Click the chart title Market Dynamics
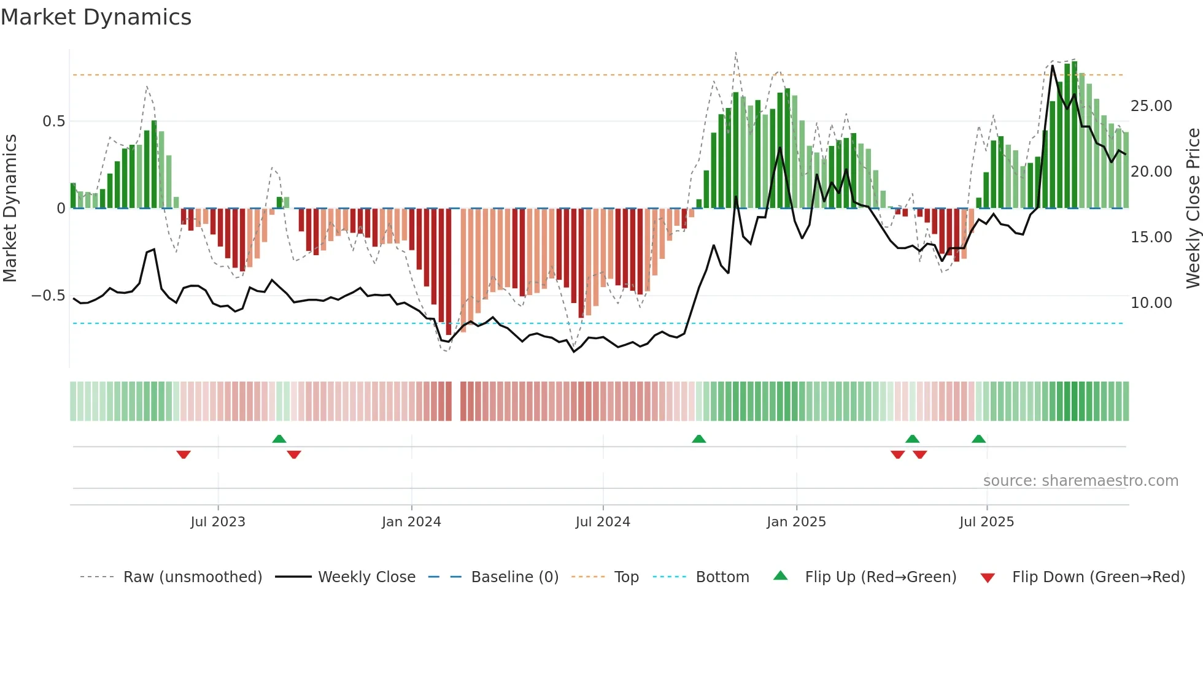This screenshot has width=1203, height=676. (x=96, y=17)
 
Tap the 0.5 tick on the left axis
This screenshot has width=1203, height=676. (x=53, y=121)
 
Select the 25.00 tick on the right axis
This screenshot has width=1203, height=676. (x=1151, y=106)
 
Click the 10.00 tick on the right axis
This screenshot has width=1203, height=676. (x=1151, y=303)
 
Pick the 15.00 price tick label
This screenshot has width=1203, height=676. (x=1151, y=237)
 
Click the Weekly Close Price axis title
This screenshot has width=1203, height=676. (x=1193, y=208)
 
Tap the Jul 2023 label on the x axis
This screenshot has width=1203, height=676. (x=217, y=522)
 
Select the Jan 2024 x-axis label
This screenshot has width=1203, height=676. (x=411, y=522)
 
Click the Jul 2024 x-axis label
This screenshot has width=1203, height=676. (x=602, y=522)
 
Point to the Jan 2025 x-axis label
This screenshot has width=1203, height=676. (x=795, y=522)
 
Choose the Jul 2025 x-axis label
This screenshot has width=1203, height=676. (x=986, y=522)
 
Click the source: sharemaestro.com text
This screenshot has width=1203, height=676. (x=1080, y=481)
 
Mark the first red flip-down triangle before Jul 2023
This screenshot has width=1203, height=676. (x=184, y=455)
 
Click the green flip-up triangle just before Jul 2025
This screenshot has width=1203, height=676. (x=978, y=439)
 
